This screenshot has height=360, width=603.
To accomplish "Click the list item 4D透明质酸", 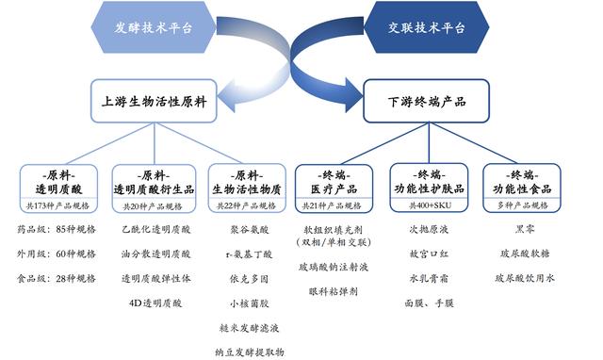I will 155,303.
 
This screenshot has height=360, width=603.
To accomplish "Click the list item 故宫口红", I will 433,254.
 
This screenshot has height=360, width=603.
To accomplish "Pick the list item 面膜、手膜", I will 433,303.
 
